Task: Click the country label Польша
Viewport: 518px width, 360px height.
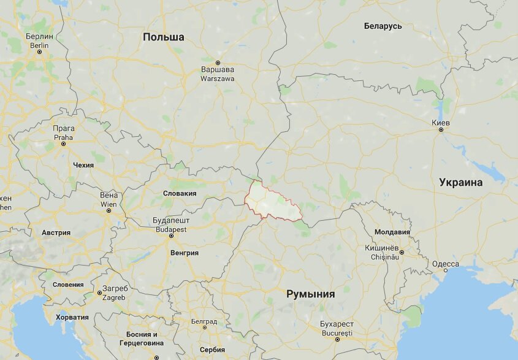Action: click(x=163, y=37)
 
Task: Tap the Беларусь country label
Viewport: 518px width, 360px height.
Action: click(x=383, y=26)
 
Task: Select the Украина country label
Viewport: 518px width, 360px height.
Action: click(x=460, y=182)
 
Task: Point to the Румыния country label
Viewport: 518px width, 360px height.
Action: click(x=311, y=294)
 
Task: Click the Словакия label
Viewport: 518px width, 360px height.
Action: click(x=180, y=193)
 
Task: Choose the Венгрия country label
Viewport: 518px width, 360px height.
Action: click(x=185, y=252)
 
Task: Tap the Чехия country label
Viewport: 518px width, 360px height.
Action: click(x=83, y=165)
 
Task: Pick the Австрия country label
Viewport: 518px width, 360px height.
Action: click(x=56, y=233)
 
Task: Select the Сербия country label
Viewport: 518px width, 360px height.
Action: click(x=212, y=350)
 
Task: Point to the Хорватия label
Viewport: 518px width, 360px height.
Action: click(x=72, y=317)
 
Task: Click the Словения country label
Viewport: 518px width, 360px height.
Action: click(x=68, y=285)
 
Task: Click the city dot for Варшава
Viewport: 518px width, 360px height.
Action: click(x=218, y=61)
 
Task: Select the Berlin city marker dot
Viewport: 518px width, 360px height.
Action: click(x=40, y=52)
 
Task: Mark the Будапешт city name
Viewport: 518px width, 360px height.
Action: click(x=171, y=221)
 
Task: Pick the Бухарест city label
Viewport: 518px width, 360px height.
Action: click(x=337, y=324)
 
